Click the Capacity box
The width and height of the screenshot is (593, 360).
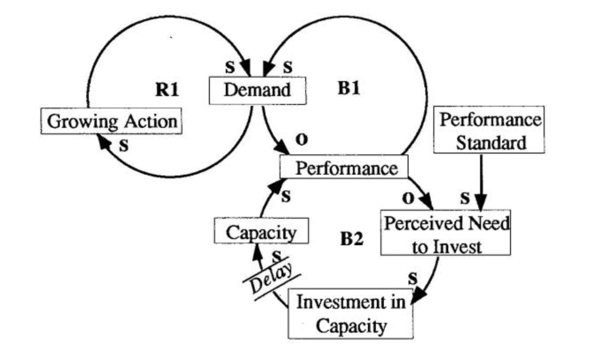pyautogui.click(x=261, y=232)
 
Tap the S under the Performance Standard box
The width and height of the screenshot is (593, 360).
pyautogui.click(x=465, y=199)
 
